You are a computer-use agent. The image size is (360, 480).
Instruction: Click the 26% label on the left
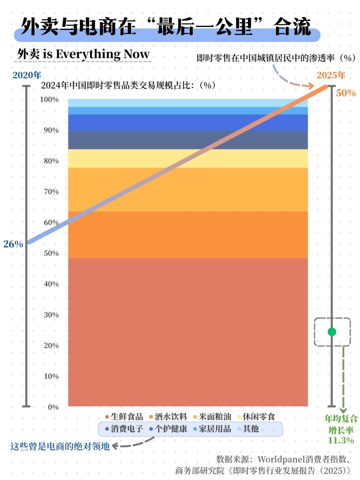click(13, 244)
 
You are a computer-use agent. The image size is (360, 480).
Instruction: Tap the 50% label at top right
click(345, 93)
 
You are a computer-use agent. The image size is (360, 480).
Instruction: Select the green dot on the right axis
click(331, 332)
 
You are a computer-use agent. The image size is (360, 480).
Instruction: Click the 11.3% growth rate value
click(340, 440)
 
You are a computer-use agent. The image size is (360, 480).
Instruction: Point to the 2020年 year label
click(27, 75)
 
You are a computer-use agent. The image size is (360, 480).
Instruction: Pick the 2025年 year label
click(331, 75)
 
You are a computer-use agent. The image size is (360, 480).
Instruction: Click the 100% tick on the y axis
click(49, 99)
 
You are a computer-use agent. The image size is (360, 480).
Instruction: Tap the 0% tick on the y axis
click(53, 407)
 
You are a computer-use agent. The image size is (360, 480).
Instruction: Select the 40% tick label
click(51, 284)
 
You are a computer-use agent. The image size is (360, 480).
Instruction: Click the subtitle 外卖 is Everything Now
click(83, 54)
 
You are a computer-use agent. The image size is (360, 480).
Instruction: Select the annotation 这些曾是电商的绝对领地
click(60, 446)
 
